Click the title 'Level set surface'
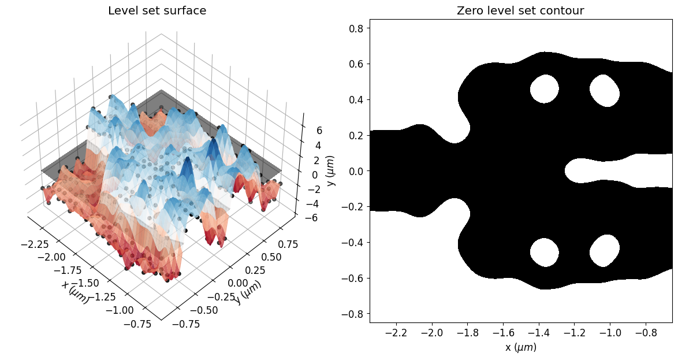[x=157, y=10]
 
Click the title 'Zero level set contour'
[x=520, y=10]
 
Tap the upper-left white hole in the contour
[x=545, y=89]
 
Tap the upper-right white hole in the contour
[x=605, y=90]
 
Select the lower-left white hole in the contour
[x=545, y=253]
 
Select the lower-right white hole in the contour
[x=605, y=251]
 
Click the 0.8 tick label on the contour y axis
[x=357, y=28]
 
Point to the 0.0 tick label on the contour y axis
[x=357, y=172]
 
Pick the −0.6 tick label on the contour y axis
[x=353, y=278]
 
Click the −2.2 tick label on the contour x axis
[x=396, y=333]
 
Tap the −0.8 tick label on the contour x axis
[x=646, y=333]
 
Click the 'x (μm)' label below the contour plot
[x=520, y=347]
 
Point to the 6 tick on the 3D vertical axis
[x=319, y=131]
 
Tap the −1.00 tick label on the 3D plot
[x=120, y=310]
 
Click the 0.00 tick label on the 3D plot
[x=238, y=283]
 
